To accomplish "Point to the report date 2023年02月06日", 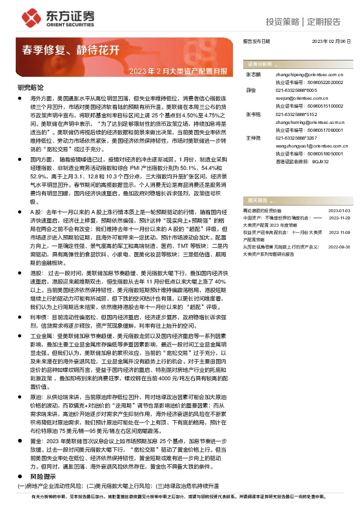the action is coord(331,41).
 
